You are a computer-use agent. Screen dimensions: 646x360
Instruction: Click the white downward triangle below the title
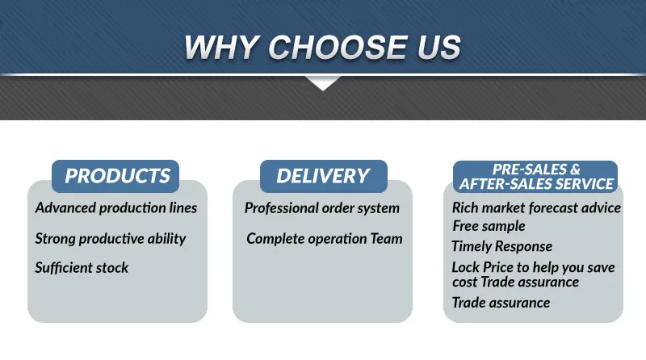(x=323, y=82)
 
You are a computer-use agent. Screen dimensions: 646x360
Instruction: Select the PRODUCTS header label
(x=117, y=176)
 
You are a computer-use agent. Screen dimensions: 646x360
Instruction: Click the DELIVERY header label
(x=323, y=176)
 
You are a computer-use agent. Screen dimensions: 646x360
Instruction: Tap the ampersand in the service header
(x=574, y=170)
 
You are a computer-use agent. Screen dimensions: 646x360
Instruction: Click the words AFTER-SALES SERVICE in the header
(x=537, y=184)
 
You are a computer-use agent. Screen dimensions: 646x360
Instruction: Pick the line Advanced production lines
(x=116, y=207)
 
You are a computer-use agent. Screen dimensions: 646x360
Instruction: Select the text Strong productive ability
(x=111, y=239)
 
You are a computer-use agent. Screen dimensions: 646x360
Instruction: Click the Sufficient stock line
(x=82, y=267)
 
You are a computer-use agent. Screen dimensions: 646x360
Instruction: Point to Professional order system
(x=322, y=207)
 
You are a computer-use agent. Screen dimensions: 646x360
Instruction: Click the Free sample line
(x=489, y=226)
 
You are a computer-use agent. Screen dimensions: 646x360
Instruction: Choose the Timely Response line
(x=501, y=246)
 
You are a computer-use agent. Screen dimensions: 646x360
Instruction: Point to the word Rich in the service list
(x=465, y=207)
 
